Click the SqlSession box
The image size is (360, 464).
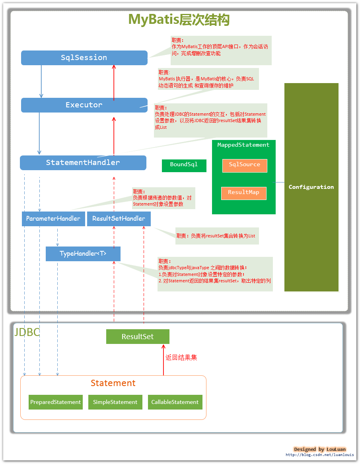[x=84, y=58]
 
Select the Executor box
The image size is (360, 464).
[x=84, y=105]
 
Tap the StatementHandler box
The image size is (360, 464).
[x=83, y=163]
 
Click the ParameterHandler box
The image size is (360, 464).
[x=53, y=219]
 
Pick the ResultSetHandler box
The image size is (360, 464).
[x=119, y=219]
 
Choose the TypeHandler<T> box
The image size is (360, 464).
[x=83, y=254]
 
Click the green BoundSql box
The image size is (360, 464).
[x=184, y=165]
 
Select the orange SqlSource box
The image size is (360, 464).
[x=244, y=165]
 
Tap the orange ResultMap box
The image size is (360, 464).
[x=243, y=193]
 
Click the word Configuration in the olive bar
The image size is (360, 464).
[x=311, y=187]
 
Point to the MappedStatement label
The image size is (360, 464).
[x=243, y=145]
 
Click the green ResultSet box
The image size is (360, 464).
[x=138, y=336]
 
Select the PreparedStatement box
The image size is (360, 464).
[x=56, y=402]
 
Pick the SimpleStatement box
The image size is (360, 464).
[x=115, y=402]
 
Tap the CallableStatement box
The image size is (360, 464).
[x=175, y=402]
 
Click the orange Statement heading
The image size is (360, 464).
[x=113, y=383]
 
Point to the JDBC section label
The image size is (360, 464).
[x=27, y=332]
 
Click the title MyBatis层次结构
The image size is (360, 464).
[x=179, y=19]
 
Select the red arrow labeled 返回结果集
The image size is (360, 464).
[x=163, y=360]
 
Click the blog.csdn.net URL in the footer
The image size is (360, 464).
[x=319, y=455]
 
